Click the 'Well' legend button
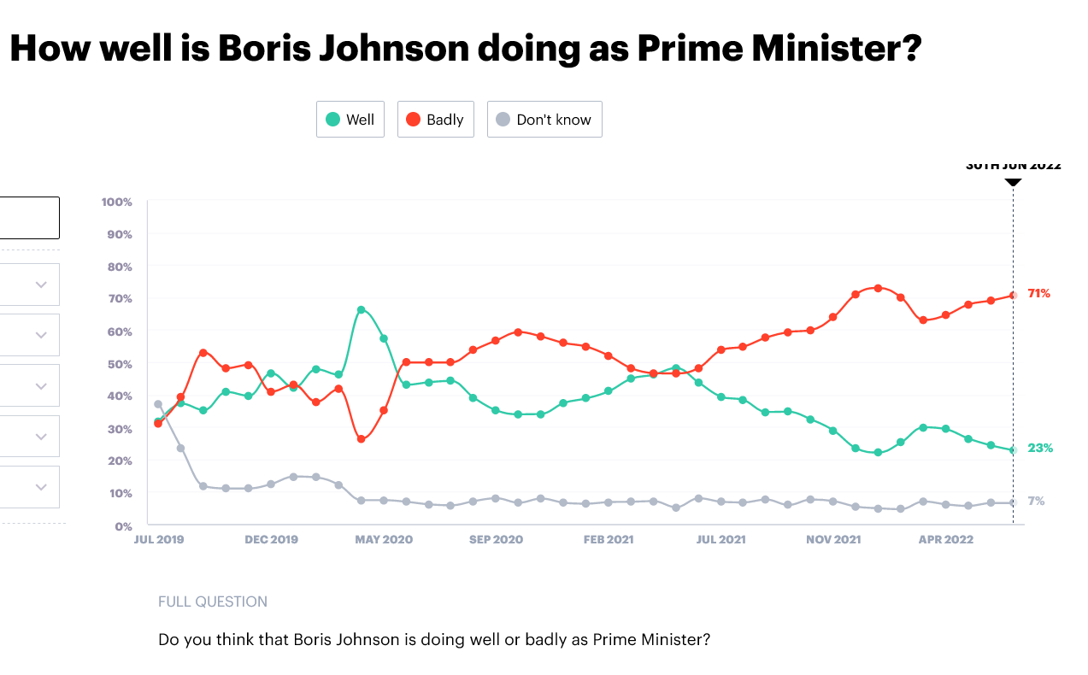[x=350, y=120]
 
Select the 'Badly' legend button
[x=434, y=120]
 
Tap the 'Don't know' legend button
[x=544, y=120]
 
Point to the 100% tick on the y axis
[x=117, y=202]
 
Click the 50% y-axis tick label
[x=119, y=364]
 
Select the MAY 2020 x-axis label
[x=384, y=540]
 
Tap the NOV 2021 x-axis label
[x=833, y=540]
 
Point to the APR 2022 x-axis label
[x=946, y=540]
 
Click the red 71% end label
[x=1039, y=294]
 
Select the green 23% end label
[x=1040, y=449]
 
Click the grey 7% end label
[x=1036, y=502]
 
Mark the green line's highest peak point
[x=362, y=309]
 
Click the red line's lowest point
[x=362, y=439]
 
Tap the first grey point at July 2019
[x=158, y=404]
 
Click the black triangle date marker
[x=1013, y=181]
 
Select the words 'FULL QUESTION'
[x=213, y=602]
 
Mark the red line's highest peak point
[x=878, y=288]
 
